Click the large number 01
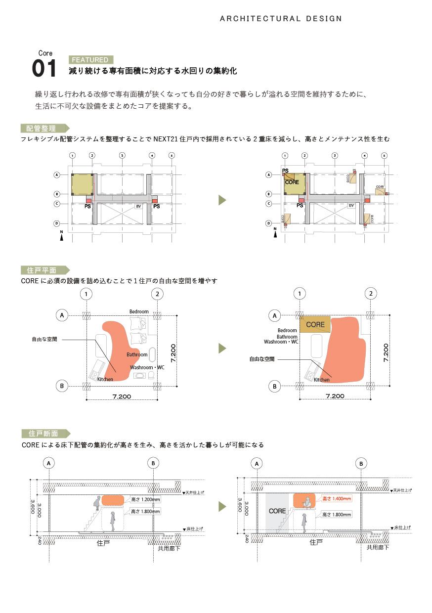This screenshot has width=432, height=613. tap(44, 69)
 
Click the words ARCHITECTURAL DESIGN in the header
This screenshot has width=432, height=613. tap(281, 19)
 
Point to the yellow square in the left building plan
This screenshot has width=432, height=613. tap(82, 184)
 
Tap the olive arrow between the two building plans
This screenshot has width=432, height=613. tap(222, 200)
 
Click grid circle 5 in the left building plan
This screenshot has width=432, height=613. tap(171, 155)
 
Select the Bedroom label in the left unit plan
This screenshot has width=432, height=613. tap(139, 311)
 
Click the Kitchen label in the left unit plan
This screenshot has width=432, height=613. tap(105, 379)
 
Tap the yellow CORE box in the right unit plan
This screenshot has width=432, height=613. tap(315, 325)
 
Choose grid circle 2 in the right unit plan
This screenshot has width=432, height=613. tap(371, 294)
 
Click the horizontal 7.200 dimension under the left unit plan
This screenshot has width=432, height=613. tap(122, 396)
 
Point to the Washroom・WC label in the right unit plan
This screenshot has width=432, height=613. tap(281, 342)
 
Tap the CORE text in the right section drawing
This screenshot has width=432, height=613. tap(277, 511)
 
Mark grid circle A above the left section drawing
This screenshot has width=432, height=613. tap(48, 463)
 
